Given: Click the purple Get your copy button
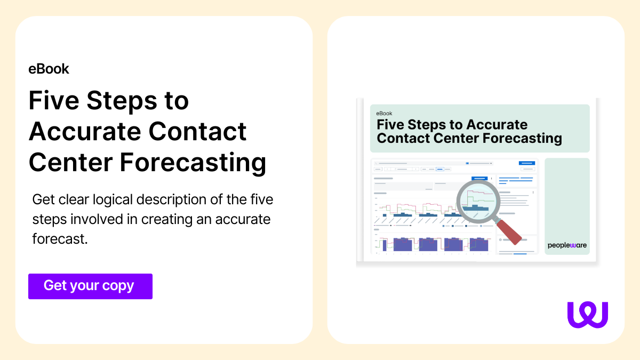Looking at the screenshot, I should [90, 286].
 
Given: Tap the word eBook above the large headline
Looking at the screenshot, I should [49, 69].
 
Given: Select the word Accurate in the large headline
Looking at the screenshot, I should [85, 131].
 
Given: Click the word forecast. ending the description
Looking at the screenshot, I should [60, 239].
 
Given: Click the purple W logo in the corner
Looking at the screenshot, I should [588, 314].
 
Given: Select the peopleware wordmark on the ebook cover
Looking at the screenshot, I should [566, 245].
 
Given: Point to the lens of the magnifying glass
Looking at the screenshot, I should [477, 201].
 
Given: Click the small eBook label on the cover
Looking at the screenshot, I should [384, 114].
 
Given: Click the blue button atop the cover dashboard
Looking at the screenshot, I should [526, 163].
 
